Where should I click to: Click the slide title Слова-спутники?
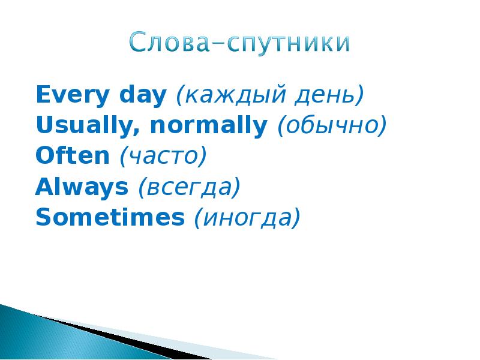point(239,44)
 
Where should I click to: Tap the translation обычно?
point(331,126)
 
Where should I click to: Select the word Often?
point(72,157)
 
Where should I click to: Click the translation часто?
point(163,157)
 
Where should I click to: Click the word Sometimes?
point(110,218)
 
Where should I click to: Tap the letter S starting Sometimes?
point(43,218)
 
